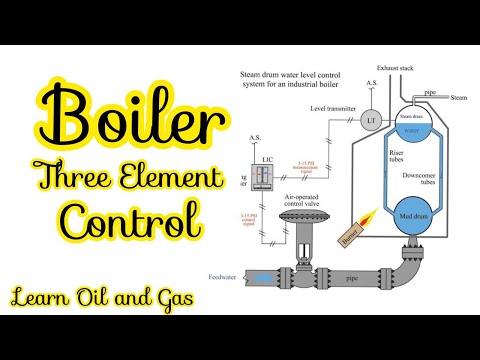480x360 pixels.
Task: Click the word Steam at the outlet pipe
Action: (x=458, y=98)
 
